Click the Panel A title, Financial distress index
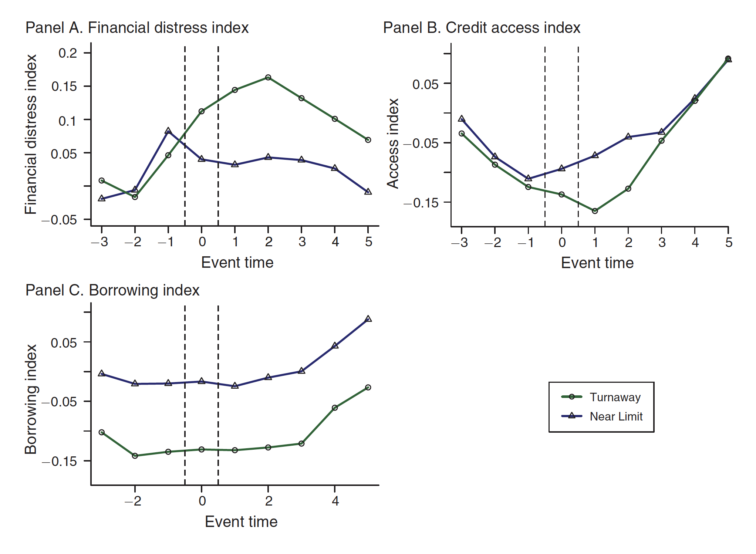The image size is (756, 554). pos(137,28)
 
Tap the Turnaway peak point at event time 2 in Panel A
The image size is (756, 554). pos(268,77)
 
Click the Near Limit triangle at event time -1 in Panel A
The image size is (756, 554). pos(168,131)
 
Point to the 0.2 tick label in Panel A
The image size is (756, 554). pos(68,53)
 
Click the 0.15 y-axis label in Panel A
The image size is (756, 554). pos(64,87)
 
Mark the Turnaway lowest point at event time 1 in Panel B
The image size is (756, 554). pos(595,211)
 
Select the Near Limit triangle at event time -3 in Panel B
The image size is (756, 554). pos(462,119)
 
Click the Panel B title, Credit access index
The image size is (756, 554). pos(482,28)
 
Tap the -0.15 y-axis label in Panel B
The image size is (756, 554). pos(421,203)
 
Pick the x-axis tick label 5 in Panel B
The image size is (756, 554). pos(729,243)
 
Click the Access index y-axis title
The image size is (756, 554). pos(393,143)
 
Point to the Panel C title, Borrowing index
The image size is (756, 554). pos(112,290)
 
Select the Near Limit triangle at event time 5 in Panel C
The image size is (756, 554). pos(368,319)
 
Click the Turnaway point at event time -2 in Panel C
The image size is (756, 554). pos(135,456)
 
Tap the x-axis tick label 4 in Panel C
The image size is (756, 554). pos(335,501)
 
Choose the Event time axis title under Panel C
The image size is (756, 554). pos(241,522)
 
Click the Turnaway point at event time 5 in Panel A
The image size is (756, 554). pos(368,140)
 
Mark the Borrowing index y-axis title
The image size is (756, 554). pos(31,399)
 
